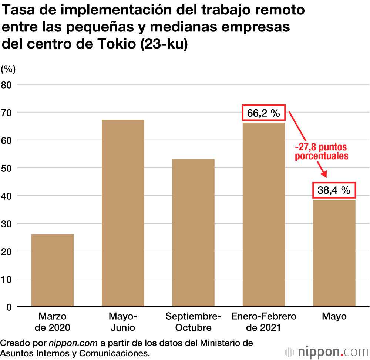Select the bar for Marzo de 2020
pos(53,270)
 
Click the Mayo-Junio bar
pos(123,213)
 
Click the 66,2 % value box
pos(263,113)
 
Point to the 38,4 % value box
pos(334,190)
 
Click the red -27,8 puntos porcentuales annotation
pos(322,151)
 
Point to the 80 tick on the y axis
pos(8,84)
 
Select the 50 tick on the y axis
pos(8,168)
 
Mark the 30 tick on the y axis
pos(8,223)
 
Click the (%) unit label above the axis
pos(8,69)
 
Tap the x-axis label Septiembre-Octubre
pos(193,322)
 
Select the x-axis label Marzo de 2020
pos(53,322)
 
